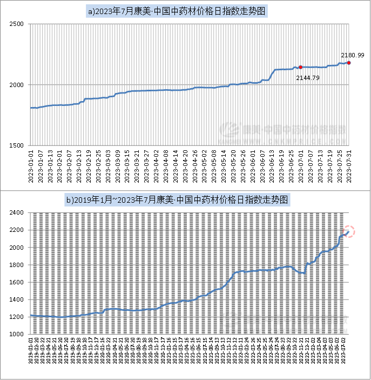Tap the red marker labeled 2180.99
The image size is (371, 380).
click(x=349, y=63)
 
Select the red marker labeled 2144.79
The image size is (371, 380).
click(x=300, y=67)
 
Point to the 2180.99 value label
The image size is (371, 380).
click(x=352, y=55)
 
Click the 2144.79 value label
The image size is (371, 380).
click(x=307, y=78)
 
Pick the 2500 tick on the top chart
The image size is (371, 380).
click(x=18, y=24)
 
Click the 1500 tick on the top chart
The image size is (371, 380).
click(x=18, y=145)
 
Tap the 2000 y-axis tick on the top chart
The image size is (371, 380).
click(x=18, y=85)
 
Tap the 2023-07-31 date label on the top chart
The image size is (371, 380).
click(x=349, y=168)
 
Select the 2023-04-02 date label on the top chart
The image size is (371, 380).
click(x=157, y=168)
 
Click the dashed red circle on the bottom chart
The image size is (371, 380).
click(x=348, y=231)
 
